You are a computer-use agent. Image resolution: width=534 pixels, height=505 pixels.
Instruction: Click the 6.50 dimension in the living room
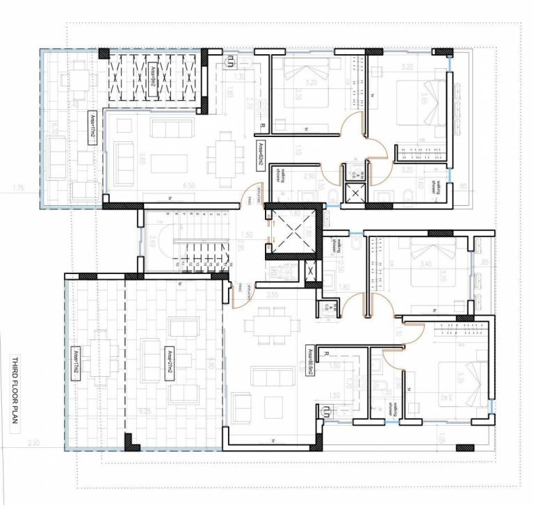tap(167, 187)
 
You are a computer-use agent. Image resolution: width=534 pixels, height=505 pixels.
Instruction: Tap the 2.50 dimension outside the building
tap(35, 443)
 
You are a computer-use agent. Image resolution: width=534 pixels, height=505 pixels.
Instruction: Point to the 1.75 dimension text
tap(19, 188)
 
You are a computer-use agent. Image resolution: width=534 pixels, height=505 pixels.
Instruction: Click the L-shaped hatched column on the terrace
tap(130, 441)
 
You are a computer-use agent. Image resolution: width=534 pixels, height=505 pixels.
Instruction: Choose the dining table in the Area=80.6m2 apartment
tap(269, 326)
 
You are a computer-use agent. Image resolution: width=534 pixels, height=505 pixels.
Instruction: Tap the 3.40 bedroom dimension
tap(426, 263)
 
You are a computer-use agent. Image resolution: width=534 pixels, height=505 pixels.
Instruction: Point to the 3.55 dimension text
tap(272, 296)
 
